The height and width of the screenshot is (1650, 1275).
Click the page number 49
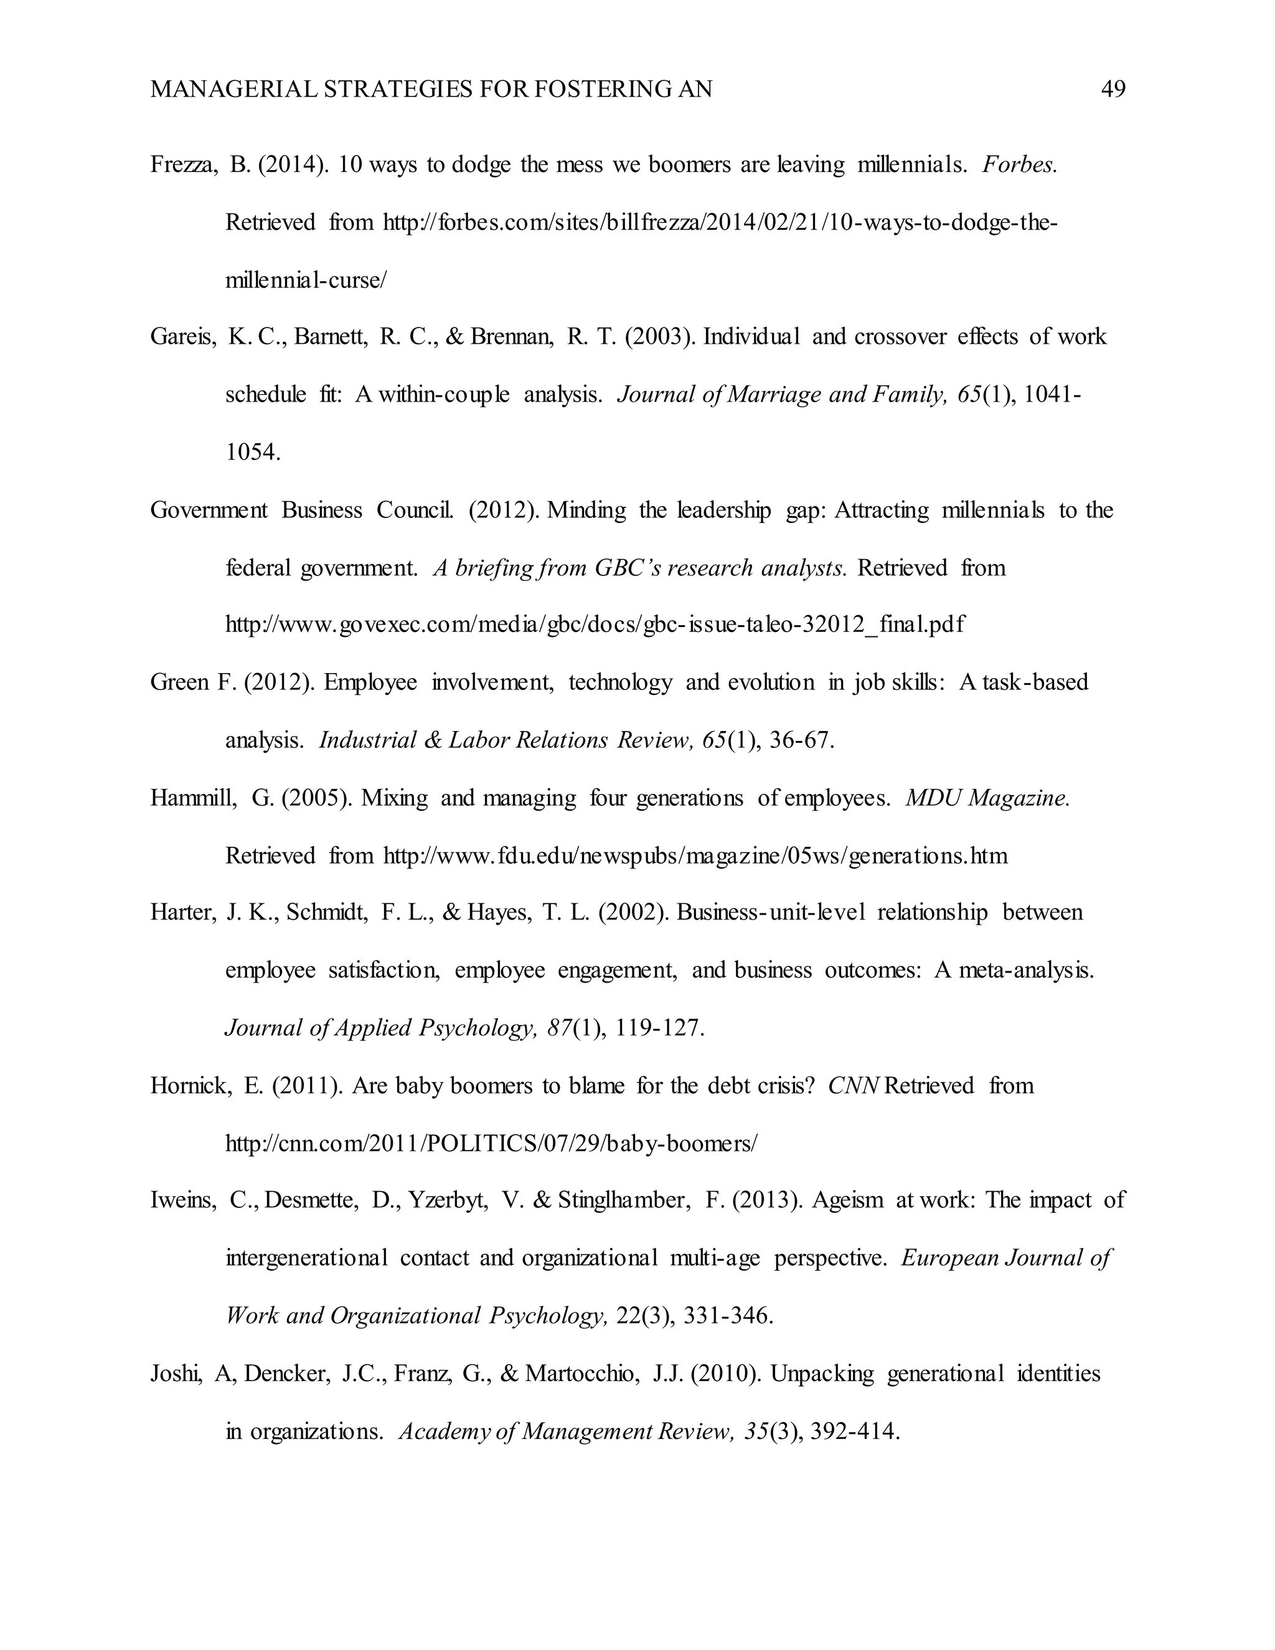[x=1113, y=90]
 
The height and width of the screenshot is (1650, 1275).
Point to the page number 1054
[x=253, y=453]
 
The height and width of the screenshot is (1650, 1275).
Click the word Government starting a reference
[x=209, y=510]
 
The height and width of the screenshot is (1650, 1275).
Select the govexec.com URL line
[x=595, y=625]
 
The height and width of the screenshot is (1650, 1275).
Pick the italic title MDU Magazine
[x=987, y=798]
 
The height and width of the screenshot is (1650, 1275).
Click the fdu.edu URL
[x=695, y=856]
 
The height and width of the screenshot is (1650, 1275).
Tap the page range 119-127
[x=659, y=1028]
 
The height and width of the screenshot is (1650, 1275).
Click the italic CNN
[x=854, y=1086]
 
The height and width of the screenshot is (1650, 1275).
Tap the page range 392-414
[x=854, y=1431]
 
